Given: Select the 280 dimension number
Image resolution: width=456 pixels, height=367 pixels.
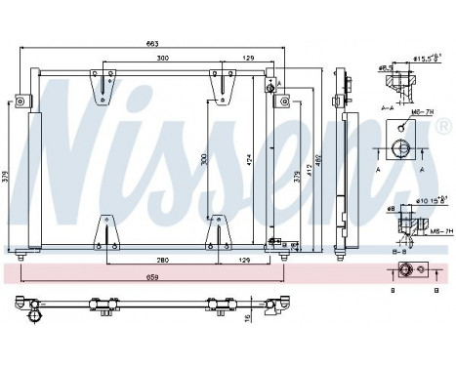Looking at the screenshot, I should pyautogui.click(x=162, y=257).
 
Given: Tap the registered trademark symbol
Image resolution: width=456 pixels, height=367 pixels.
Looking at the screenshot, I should pyautogui.click(x=445, y=128).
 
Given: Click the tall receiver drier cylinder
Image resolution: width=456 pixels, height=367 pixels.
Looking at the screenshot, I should pyautogui.click(x=36, y=181).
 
